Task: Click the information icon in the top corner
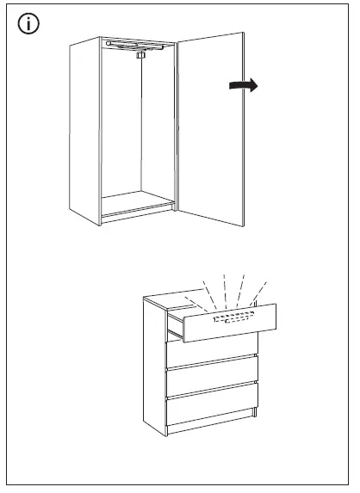pos(29,24)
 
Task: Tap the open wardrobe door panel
pos(215,129)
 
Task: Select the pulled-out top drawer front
pos(233,324)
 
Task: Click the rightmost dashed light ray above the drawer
pos(258,293)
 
